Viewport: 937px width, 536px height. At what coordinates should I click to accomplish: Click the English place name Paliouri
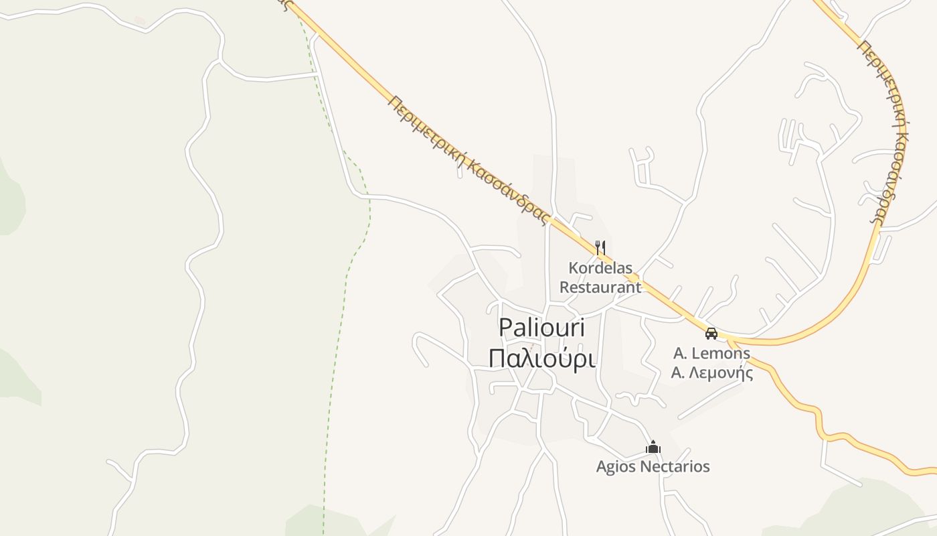541,328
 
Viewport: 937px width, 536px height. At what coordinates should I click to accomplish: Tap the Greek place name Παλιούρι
541,358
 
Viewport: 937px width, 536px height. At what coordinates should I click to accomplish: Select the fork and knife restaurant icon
600,248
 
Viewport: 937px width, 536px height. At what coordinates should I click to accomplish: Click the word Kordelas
600,268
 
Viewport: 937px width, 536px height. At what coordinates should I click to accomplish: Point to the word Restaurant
600,287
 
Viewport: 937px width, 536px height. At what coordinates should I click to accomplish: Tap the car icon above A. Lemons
711,333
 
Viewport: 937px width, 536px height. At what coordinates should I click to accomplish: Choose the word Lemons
721,353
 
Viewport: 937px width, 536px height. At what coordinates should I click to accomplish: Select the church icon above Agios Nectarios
653,448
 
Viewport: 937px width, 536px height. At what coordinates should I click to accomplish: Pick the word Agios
614,466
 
